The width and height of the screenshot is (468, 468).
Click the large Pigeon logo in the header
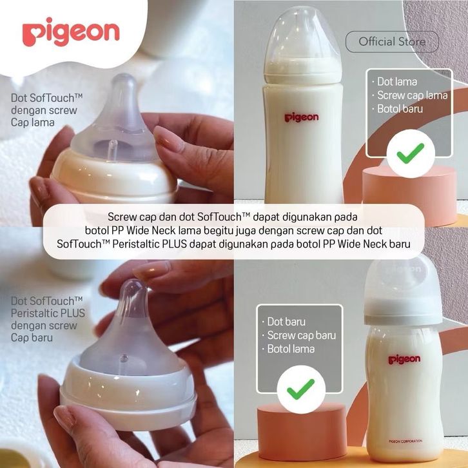(71, 32)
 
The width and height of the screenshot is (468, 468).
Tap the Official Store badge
(392, 41)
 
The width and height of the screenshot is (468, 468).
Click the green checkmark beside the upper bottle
(411, 153)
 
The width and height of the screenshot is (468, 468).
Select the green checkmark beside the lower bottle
(300, 389)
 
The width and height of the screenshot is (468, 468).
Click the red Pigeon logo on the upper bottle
(302, 117)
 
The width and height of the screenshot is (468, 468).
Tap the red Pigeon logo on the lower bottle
(404, 359)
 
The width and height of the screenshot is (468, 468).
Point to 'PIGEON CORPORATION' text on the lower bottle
(405, 441)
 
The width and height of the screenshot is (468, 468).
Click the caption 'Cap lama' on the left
(32, 122)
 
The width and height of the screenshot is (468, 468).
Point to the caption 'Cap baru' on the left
(32, 338)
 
